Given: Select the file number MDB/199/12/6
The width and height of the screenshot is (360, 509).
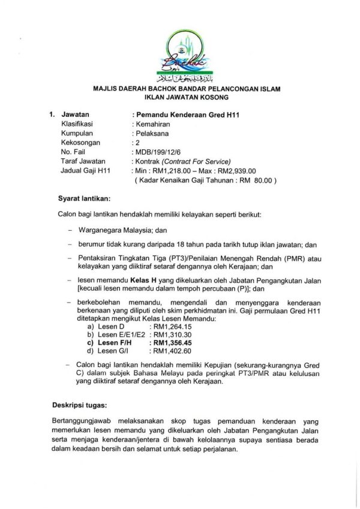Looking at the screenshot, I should [x=158, y=152].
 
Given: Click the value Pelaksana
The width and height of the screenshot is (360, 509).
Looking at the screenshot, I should [x=151, y=134].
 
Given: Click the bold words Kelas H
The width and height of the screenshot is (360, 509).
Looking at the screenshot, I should [x=140, y=279].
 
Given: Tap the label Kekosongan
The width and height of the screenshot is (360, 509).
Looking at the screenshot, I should [x=81, y=143].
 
